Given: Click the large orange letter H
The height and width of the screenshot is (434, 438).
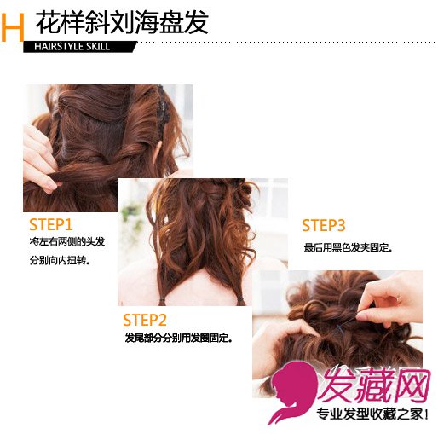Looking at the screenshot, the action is coord(13,28).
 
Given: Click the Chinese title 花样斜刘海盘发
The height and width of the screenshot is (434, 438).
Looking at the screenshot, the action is coord(123,22).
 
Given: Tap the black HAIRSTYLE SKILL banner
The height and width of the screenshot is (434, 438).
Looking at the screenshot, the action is coord(80,47).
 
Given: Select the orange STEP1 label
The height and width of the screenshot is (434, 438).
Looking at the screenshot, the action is coord(51,224).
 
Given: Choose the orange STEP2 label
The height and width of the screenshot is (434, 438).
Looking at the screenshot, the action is coord(145,320).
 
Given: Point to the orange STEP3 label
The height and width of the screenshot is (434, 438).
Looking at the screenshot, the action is coord(323,225).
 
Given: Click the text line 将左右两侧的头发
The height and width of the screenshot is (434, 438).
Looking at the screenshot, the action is coord(67,242).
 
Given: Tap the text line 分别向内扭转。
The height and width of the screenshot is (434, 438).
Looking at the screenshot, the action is coord(60,260).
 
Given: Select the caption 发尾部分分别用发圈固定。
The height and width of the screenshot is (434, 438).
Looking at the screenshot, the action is coord(179,339).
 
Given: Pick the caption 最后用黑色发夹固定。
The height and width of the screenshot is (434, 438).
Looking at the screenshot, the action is coord(349,247).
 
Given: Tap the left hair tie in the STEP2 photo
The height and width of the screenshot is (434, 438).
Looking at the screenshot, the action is coord(162,300).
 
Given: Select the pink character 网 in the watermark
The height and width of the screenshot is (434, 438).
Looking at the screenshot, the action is coord(412,385).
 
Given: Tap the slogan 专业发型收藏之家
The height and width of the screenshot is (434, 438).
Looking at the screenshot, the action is coord(371,414).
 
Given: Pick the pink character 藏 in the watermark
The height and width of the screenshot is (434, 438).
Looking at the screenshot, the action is coord(374,385).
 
